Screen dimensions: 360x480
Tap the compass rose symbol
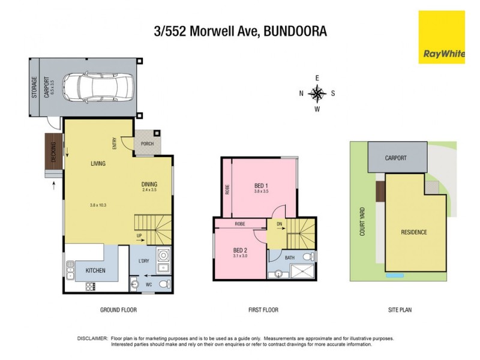coord(317,93)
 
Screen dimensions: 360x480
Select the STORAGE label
coord(34,88)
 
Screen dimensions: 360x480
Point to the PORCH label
coord(147,143)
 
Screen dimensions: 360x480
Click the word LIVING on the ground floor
coord(99,163)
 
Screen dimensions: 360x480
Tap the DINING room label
coord(149,184)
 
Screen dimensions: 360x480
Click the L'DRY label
coord(144,260)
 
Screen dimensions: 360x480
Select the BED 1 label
coord(261,185)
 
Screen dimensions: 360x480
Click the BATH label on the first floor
coord(290,258)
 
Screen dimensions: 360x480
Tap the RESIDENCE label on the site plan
coord(414,232)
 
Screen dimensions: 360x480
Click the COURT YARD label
coord(362,221)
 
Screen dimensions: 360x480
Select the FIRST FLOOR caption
coord(263,310)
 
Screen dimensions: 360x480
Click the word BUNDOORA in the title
coord(294,31)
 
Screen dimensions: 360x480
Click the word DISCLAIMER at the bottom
coord(93,339)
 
